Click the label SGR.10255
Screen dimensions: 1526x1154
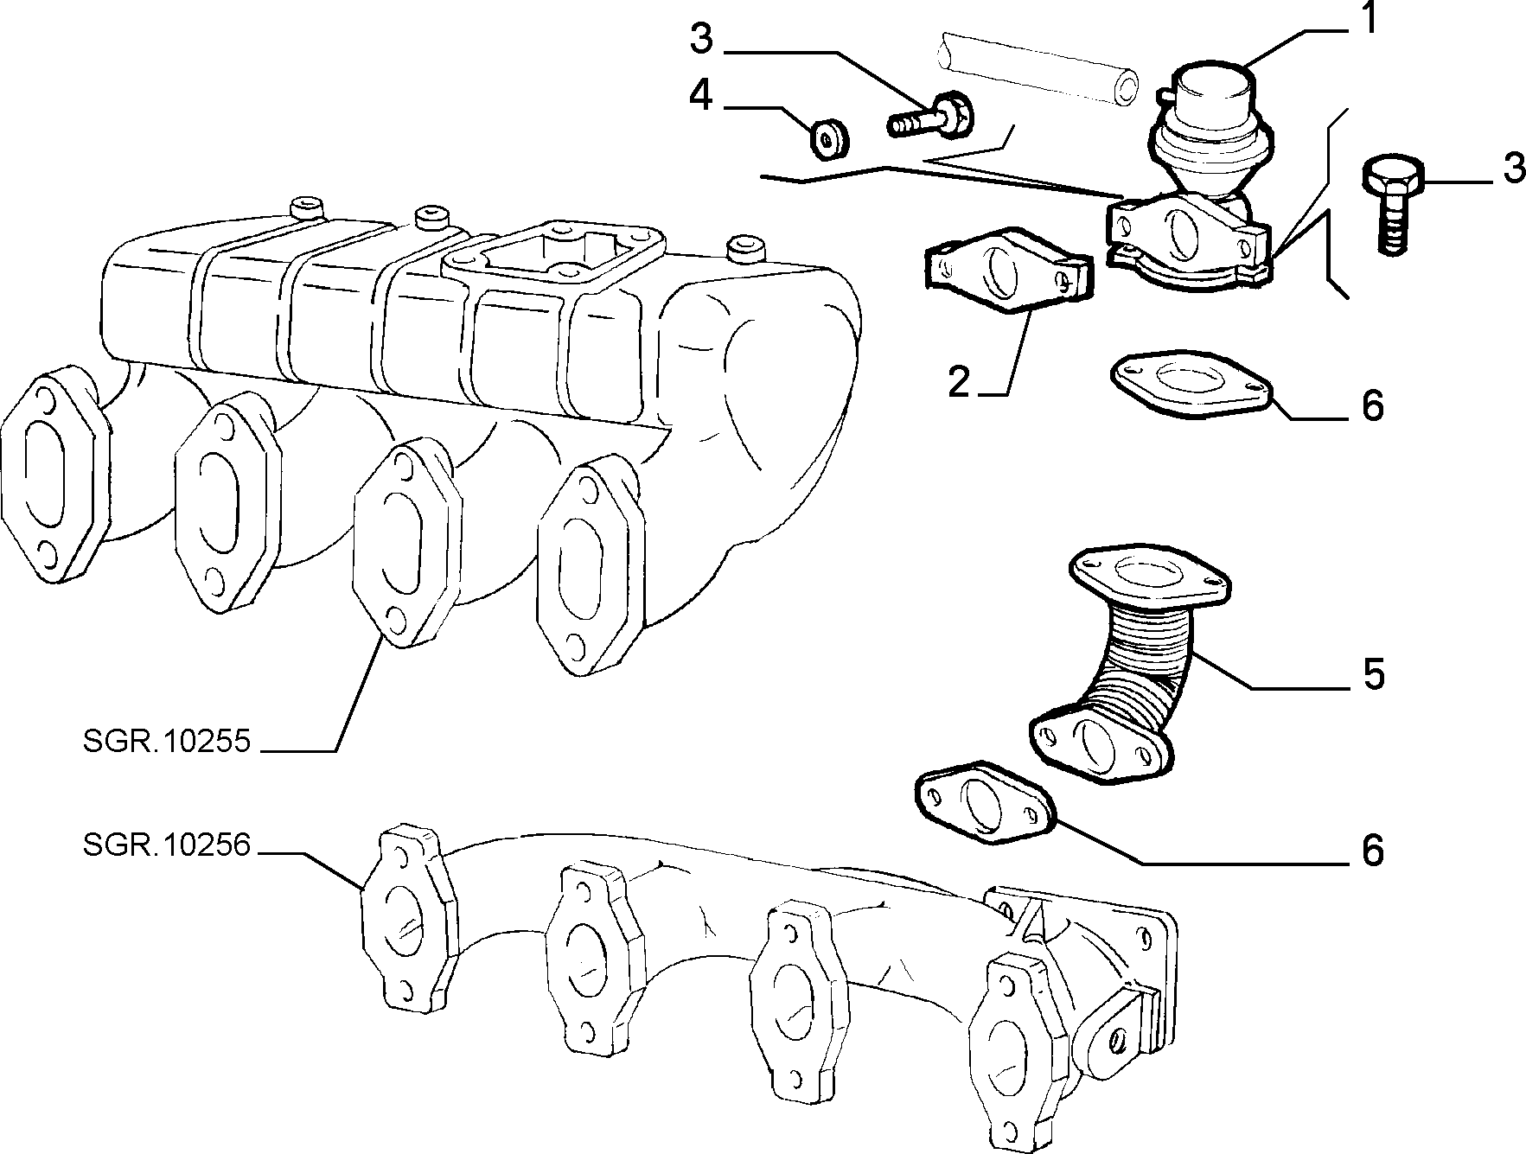167,742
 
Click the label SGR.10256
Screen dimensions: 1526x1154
167,845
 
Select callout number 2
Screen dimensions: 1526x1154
959,381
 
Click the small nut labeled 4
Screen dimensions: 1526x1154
829,141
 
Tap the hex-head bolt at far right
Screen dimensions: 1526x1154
1393,204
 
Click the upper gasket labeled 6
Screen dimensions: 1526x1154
1192,385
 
